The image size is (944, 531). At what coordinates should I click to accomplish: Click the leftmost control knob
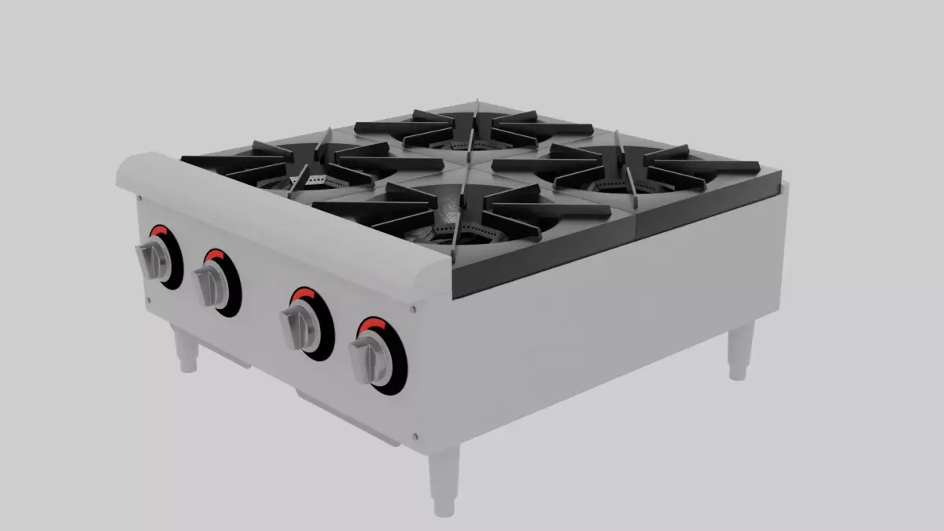154,260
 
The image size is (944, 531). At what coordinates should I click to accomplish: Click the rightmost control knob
370,360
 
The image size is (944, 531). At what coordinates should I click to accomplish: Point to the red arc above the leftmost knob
160,230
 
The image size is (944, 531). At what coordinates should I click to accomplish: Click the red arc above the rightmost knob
372,323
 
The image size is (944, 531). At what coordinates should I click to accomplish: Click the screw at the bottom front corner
415,434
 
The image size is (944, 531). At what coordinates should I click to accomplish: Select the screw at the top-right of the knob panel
413,309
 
